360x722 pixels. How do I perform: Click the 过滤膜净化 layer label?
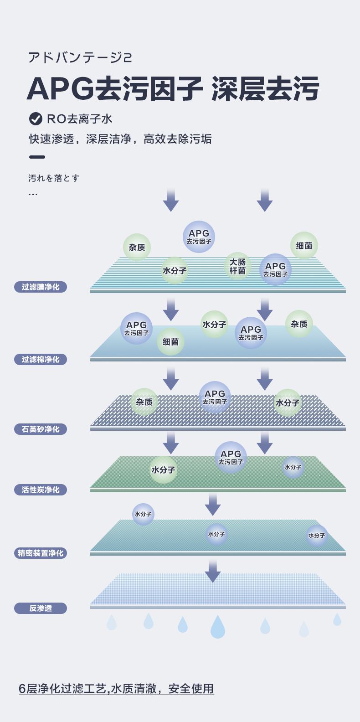(41, 287)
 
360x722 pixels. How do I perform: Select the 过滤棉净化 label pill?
(41, 360)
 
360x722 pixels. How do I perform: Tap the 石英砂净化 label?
(41, 429)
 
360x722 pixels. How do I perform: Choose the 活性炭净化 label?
(41, 490)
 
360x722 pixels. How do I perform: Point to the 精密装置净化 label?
(41, 553)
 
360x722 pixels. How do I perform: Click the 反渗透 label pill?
(41, 609)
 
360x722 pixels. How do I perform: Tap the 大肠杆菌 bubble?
(237, 266)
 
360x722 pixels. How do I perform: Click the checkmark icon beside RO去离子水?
(36, 119)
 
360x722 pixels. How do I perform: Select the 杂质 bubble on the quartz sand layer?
(144, 402)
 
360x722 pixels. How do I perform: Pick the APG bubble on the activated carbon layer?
(231, 457)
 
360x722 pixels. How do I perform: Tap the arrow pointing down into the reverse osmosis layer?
(212, 571)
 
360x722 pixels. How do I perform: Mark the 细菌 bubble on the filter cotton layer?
(170, 342)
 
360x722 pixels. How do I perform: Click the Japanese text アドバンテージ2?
(80, 57)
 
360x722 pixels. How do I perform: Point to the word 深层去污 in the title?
(265, 88)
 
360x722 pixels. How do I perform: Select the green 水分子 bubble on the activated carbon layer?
(163, 470)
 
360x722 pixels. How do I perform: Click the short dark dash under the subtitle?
(37, 157)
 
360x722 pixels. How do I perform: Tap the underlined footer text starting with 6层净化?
(116, 689)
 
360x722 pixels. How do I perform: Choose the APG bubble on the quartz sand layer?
(215, 397)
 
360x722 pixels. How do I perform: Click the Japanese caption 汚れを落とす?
(54, 178)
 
